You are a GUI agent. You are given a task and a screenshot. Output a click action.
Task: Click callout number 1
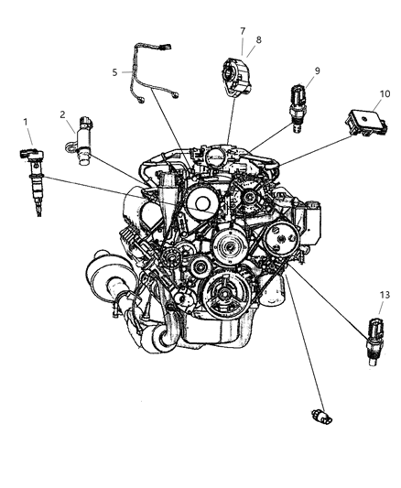[26, 121]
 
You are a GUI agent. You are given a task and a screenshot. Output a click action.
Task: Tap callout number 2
[63, 114]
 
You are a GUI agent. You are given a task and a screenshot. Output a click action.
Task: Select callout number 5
[115, 71]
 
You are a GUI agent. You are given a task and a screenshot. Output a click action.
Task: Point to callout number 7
[244, 30]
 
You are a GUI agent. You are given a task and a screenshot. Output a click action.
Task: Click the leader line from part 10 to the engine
[311, 146]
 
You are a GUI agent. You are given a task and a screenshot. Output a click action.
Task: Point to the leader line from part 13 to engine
[325, 302]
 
